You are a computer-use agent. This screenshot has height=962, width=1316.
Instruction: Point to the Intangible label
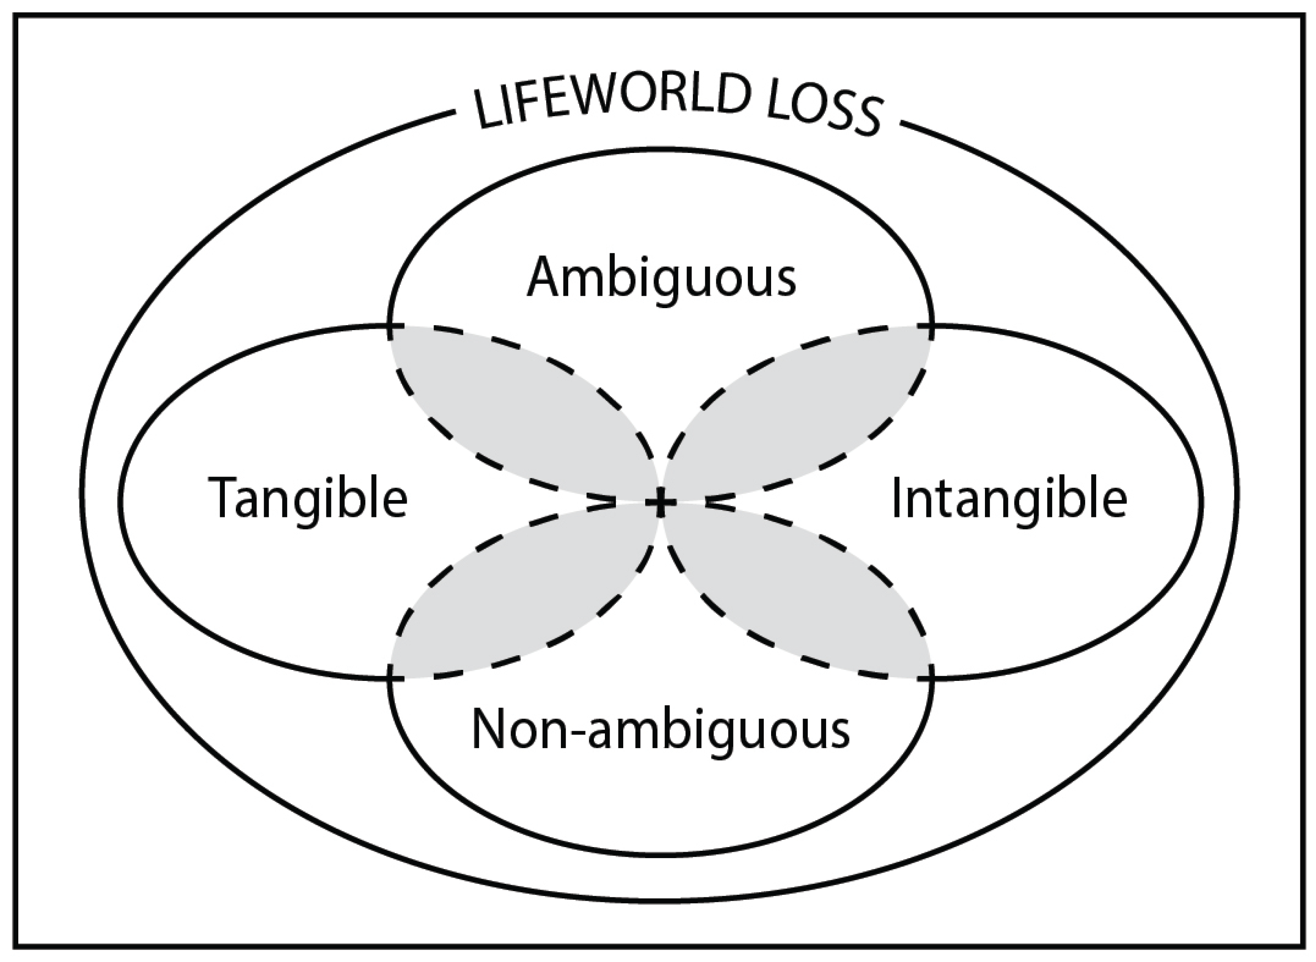pyautogui.click(x=1009, y=498)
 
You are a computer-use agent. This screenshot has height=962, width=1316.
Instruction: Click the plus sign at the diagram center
pyautogui.click(x=660, y=501)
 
